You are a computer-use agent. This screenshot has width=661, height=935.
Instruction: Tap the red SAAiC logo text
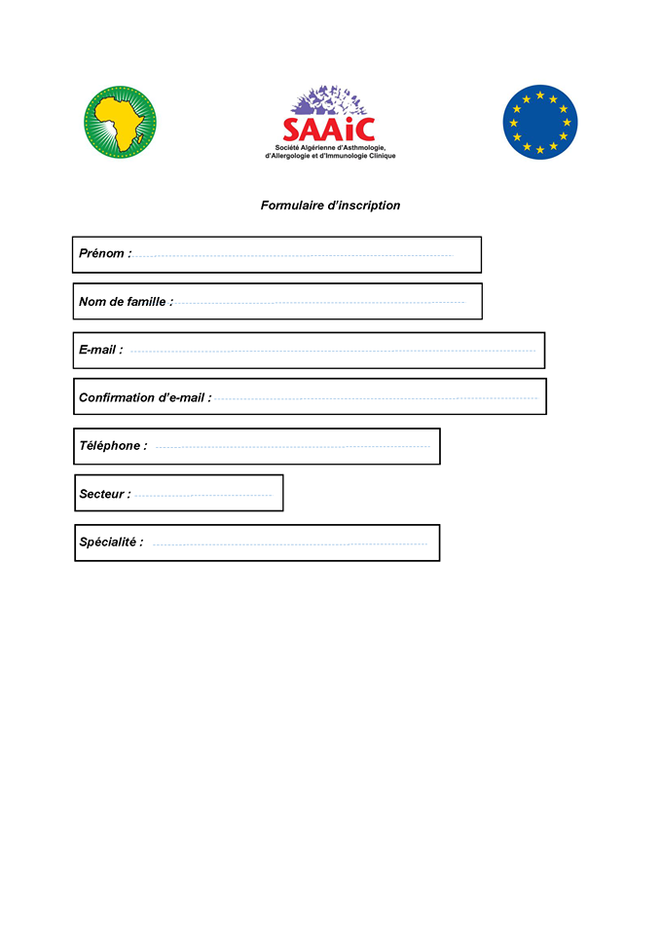pyautogui.click(x=328, y=129)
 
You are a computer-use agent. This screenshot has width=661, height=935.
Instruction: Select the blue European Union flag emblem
pyautogui.click(x=539, y=122)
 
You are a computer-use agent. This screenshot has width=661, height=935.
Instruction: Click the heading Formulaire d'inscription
pyautogui.click(x=330, y=206)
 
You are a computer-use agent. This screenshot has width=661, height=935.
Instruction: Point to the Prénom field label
pyautogui.click(x=104, y=253)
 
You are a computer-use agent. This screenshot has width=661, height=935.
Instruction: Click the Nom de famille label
pyautogui.click(x=126, y=302)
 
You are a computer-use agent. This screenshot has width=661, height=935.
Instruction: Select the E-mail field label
pyautogui.click(x=100, y=350)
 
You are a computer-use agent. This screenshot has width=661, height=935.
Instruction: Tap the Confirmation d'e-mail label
pyautogui.click(x=144, y=397)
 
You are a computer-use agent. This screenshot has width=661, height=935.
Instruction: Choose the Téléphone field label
pyautogui.click(x=113, y=445)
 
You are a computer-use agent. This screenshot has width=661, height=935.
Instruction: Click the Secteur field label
pyautogui.click(x=104, y=494)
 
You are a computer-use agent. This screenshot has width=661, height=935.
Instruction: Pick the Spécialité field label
pyautogui.click(x=111, y=542)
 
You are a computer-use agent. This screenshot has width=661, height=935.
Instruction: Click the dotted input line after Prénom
pyautogui.click(x=292, y=255)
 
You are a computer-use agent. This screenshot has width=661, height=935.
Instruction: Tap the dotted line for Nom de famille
pyautogui.click(x=319, y=303)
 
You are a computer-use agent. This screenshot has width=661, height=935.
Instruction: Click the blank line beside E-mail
pyautogui.click(x=333, y=351)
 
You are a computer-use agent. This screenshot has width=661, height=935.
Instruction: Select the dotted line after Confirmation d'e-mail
pyautogui.click(x=376, y=398)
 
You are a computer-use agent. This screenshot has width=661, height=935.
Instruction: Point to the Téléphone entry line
pyautogui.click(x=292, y=447)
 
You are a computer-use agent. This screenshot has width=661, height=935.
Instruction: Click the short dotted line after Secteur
pyautogui.click(x=202, y=496)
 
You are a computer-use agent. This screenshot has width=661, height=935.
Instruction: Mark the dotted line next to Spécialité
pyautogui.click(x=289, y=543)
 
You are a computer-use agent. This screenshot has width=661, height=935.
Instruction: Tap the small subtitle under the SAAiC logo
pyautogui.click(x=330, y=151)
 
